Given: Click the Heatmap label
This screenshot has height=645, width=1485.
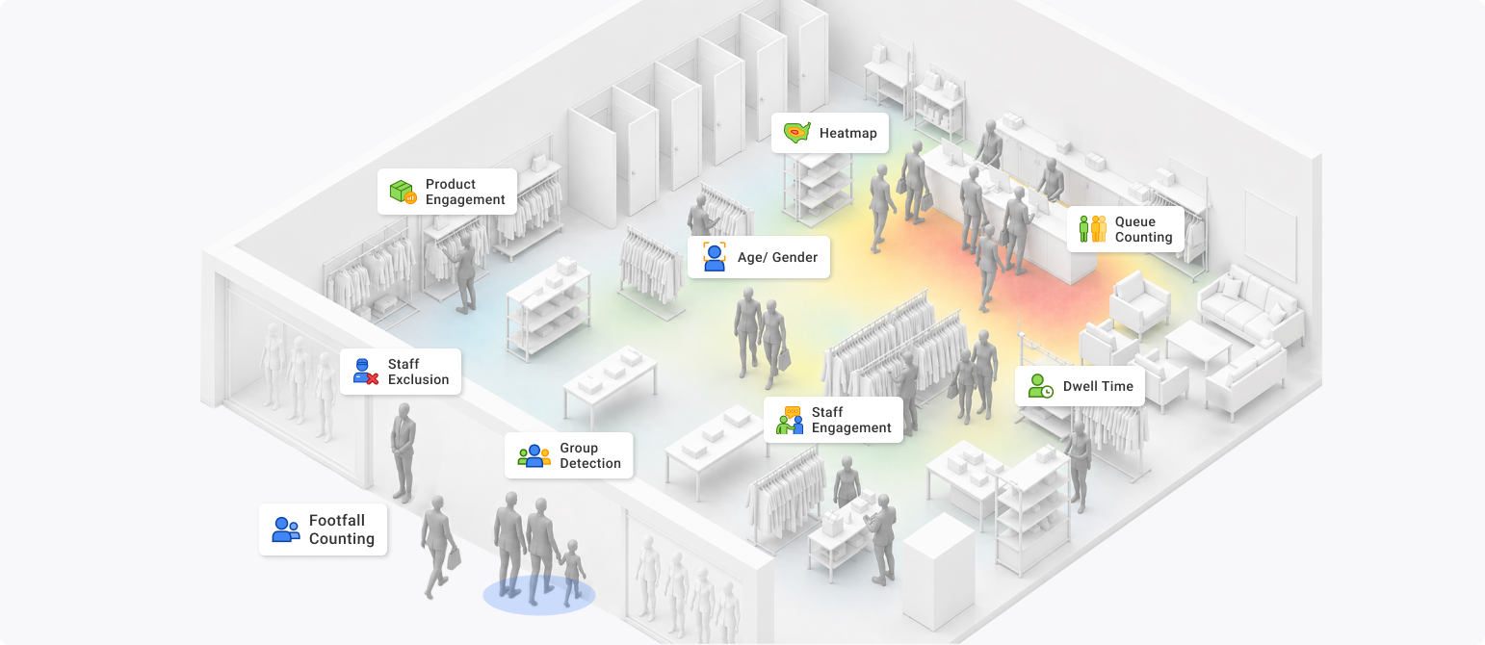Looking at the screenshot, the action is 829,133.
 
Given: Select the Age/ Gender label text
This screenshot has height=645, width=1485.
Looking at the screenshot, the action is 777,257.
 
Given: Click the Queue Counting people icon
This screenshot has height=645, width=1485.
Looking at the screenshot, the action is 1092,229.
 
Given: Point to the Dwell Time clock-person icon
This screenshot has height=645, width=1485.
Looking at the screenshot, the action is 1040,386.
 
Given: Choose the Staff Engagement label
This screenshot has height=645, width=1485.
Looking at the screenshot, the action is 833,420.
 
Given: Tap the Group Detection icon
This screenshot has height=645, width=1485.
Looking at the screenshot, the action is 534,456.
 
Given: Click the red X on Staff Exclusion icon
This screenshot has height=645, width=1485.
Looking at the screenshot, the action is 373,378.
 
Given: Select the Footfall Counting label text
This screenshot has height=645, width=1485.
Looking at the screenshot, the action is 342,529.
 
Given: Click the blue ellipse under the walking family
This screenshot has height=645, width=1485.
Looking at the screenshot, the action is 538,595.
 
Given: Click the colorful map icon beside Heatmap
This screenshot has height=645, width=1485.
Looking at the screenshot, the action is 796,133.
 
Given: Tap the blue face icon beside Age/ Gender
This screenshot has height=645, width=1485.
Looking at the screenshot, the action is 714,257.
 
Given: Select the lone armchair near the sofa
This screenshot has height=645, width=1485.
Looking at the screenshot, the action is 1139,301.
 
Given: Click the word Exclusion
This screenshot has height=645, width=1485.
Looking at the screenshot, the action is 418,380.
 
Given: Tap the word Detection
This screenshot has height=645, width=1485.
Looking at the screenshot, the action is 590,463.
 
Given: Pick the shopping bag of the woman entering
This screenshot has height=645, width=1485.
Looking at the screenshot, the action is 454,558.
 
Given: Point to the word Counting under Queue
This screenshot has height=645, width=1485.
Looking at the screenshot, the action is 1143,238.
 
